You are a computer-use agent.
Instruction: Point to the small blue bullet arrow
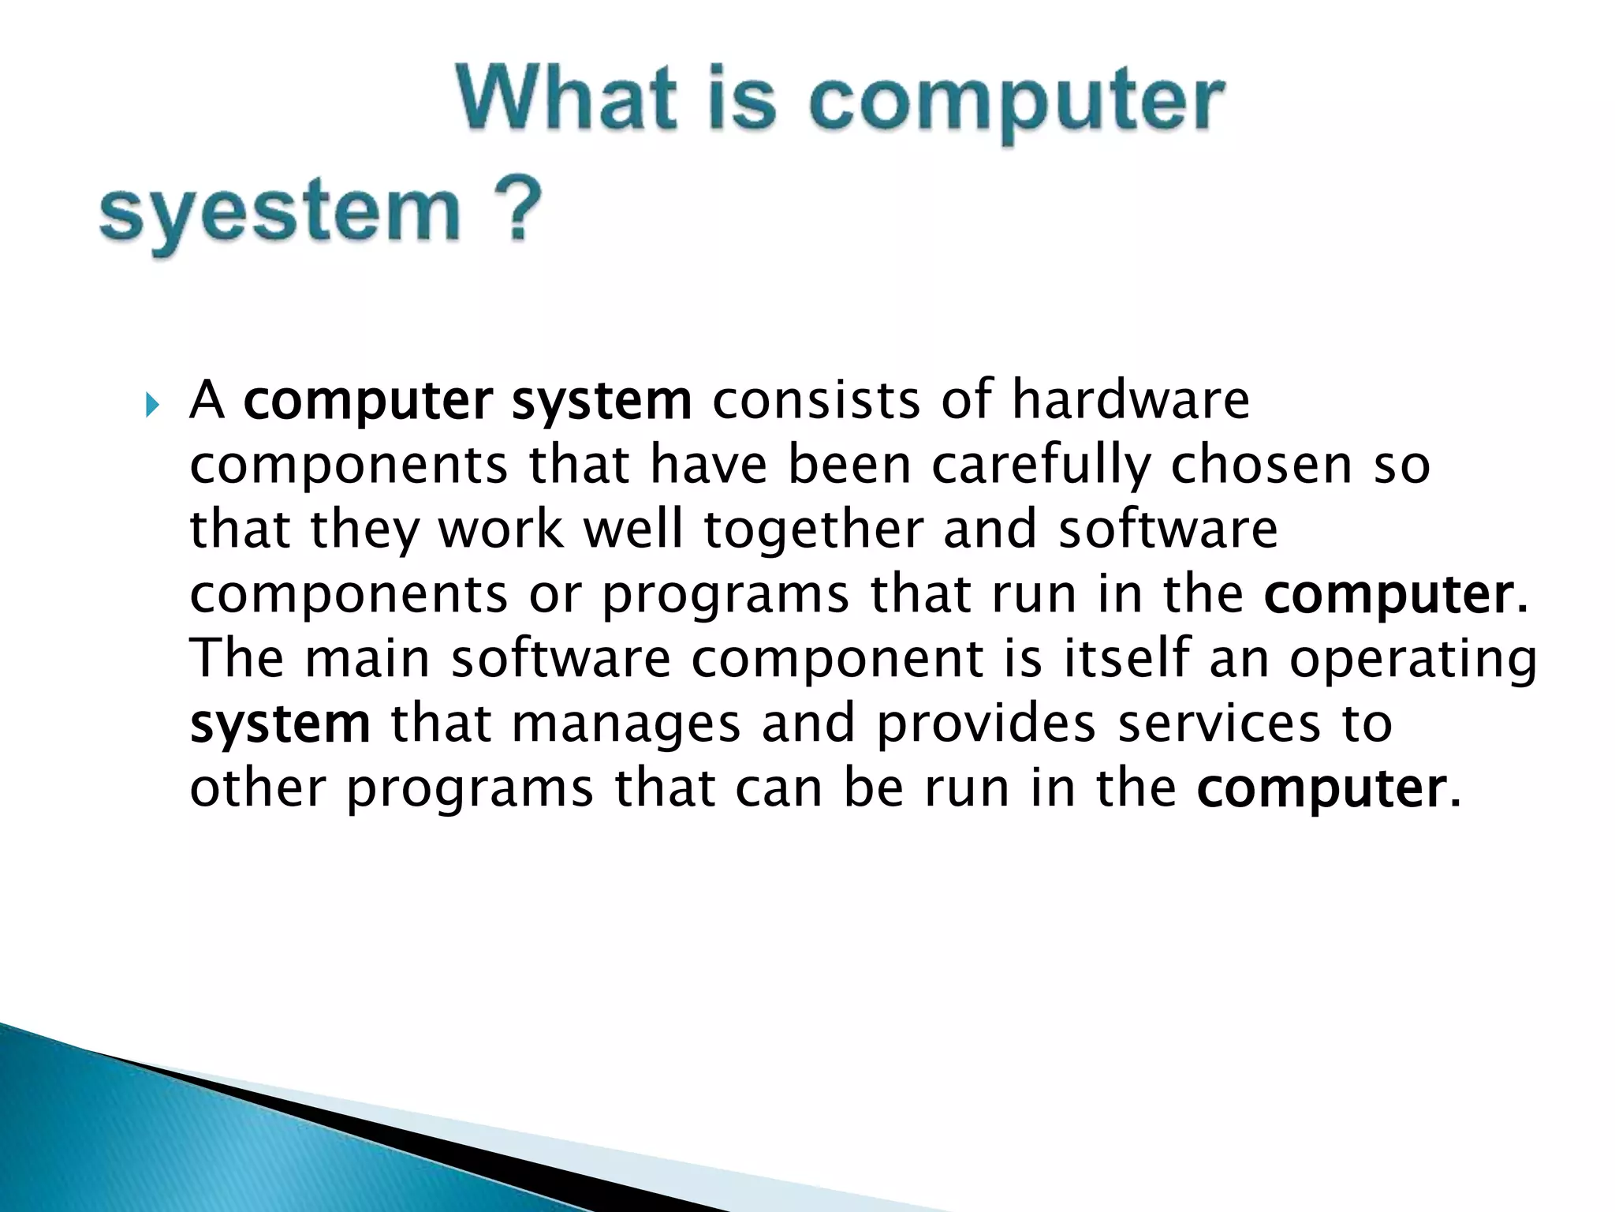[x=152, y=408]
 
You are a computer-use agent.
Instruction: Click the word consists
[x=815, y=400]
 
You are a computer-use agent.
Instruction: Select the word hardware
[x=1131, y=400]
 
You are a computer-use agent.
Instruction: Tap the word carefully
[x=1040, y=465]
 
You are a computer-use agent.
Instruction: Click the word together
[x=813, y=529]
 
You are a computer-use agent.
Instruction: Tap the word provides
[x=986, y=724]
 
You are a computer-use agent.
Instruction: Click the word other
[x=258, y=787]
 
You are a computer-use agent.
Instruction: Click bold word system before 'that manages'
[x=280, y=724]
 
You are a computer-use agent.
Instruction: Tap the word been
[x=849, y=465]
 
